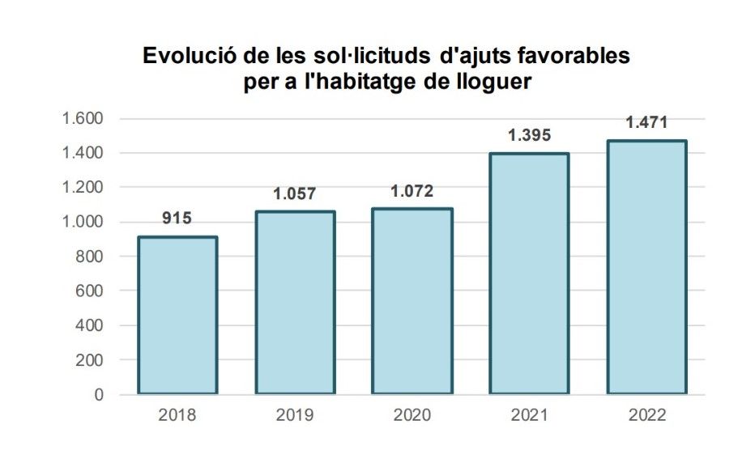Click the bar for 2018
pos(177,316)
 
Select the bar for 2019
pos(295,303)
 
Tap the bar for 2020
pos(412,301)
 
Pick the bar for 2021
pos(529,274)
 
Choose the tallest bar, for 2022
pos(646,267)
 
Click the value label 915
pos(177,219)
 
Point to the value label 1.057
pos(294,194)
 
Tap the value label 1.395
pos(529,135)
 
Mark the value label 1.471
pos(646,122)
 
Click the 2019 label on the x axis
pos(295,416)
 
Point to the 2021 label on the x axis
pos(529,416)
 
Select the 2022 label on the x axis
pos(646,416)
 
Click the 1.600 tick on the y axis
pos(83,119)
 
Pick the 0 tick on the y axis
pos(100,394)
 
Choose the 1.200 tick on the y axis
pos(83,188)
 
